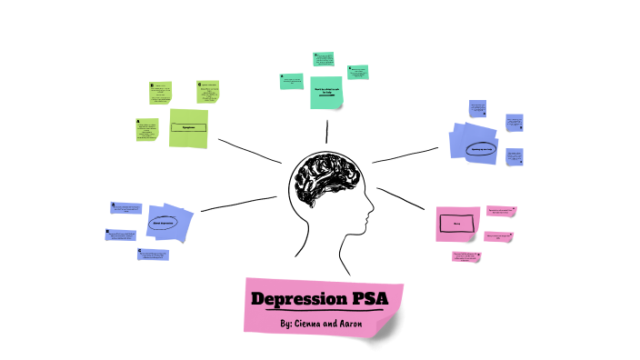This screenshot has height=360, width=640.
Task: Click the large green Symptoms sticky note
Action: coord(188,128)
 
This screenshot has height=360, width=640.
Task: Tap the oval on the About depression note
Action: coord(164,222)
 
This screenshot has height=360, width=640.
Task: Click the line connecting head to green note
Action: coord(249,151)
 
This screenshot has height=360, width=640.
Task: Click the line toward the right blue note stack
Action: coord(407,155)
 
